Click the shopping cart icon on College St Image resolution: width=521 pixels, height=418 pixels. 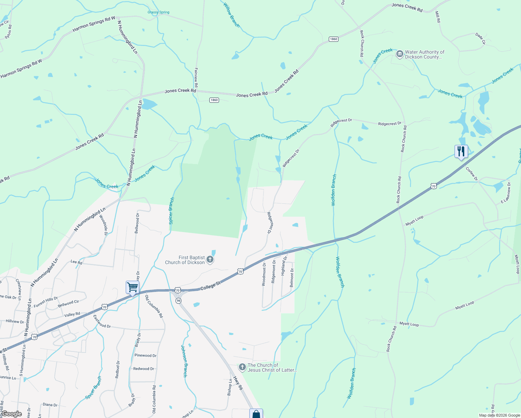click(132, 288)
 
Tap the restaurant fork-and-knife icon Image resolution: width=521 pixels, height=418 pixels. click(461, 152)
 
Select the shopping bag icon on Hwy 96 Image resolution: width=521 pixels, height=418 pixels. click(256, 414)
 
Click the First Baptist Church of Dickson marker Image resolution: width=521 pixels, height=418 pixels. click(210, 260)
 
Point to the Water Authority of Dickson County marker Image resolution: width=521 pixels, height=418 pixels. click(399, 54)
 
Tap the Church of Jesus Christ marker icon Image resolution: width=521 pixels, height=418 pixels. click(242, 367)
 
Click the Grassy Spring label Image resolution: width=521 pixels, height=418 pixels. click(158, 12)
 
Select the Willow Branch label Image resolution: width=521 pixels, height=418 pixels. click(231, 15)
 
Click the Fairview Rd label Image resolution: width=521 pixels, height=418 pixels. click(196, 77)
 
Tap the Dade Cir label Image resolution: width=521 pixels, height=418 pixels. click(480, 39)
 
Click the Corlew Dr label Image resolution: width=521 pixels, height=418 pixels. click(472, 174)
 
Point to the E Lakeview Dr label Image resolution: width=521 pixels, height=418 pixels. click(506, 192)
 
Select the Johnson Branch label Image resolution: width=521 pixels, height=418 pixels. click(184, 361)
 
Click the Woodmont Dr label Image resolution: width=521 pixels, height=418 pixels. click(264, 274)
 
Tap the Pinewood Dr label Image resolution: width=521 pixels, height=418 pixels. click(146, 356)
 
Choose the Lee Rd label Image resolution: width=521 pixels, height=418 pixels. click(76, 262)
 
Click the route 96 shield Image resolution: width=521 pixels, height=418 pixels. click(178, 301)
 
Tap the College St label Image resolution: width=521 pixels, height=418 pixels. click(210, 286)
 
